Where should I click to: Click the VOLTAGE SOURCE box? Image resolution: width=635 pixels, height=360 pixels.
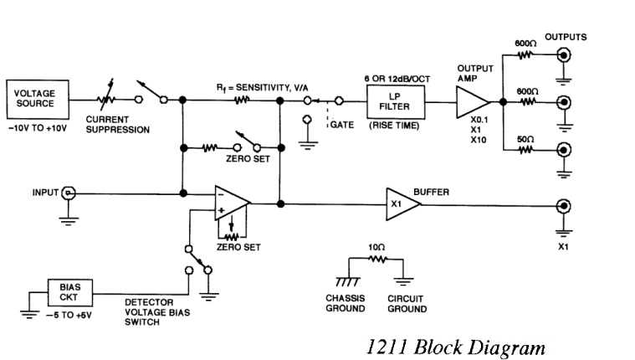point(34,99)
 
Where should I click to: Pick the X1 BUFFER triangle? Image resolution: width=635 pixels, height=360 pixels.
point(401,202)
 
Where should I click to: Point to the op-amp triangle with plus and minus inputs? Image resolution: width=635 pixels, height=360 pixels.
point(232,202)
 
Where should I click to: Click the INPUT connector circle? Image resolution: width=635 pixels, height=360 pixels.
point(69,193)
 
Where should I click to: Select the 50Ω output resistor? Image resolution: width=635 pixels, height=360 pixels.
point(525,151)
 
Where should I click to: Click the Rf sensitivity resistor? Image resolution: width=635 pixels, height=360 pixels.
point(242,100)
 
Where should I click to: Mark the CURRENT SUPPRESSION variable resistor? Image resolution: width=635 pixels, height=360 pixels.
point(106,100)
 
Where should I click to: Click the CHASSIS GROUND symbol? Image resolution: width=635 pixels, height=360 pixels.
point(343,282)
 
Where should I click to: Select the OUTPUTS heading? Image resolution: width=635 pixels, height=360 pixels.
point(566,37)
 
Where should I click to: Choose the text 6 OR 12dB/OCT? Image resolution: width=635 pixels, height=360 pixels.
point(397,76)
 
